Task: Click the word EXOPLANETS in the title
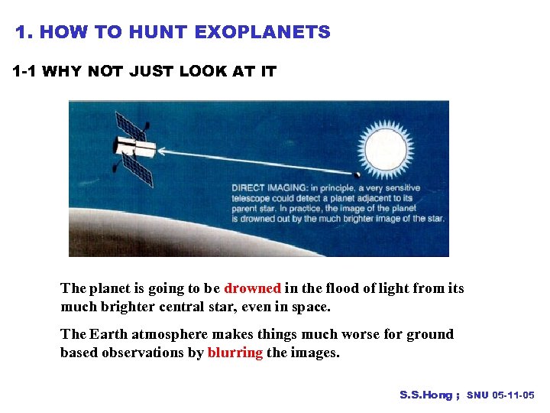263,32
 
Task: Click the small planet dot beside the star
357,172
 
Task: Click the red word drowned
252,288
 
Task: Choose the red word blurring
235,353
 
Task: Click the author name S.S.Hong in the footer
425,395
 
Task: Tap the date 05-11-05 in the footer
514,395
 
